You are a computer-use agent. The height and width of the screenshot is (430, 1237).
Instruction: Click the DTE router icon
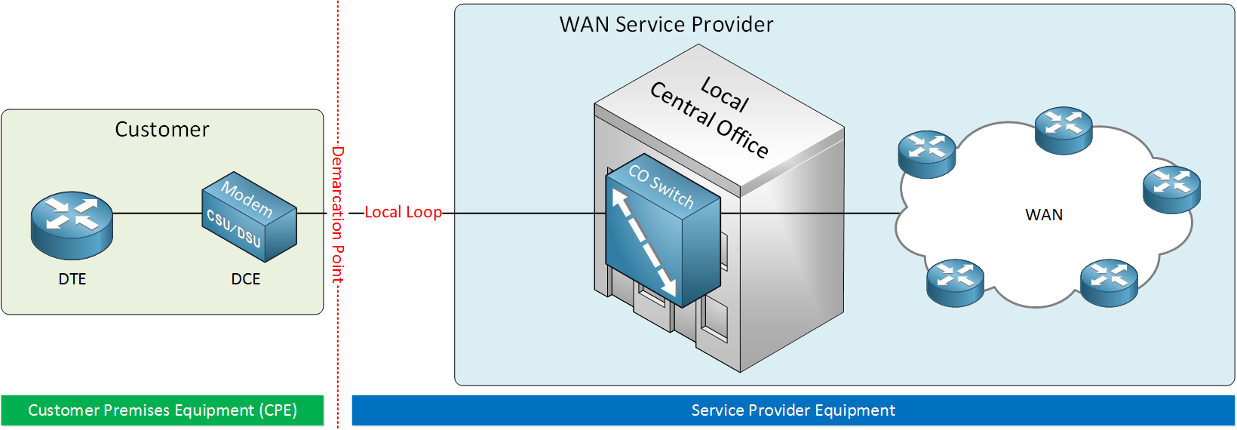click(72, 226)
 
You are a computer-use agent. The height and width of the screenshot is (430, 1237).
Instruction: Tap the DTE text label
click(72, 279)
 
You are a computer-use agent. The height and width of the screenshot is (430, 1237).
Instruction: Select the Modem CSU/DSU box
click(249, 217)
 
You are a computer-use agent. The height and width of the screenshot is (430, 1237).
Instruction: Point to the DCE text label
click(246, 279)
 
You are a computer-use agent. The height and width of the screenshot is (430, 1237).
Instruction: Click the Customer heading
click(162, 130)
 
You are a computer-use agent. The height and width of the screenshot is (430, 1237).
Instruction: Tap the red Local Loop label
click(403, 213)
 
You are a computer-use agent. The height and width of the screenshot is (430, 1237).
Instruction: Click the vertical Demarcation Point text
click(337, 215)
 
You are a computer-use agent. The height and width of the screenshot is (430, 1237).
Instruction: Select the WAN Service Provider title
click(666, 25)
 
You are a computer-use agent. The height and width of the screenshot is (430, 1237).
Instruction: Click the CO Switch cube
click(663, 230)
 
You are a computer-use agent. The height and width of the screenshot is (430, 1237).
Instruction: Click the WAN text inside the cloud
click(1044, 215)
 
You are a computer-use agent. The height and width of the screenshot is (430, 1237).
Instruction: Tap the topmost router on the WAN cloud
click(1064, 131)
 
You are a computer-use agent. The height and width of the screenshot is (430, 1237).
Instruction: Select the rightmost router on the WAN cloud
click(1171, 189)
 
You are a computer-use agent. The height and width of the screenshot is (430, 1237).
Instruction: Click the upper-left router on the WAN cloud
click(927, 154)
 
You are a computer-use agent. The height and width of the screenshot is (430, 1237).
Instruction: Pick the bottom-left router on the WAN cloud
click(956, 283)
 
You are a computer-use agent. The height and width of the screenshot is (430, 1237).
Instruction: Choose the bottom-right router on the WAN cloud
click(1109, 283)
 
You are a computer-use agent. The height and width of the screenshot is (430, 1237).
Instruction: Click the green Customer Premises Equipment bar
click(162, 410)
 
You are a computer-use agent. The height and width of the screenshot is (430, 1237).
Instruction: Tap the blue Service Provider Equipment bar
click(793, 410)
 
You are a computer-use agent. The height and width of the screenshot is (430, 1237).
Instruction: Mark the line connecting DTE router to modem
click(158, 213)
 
